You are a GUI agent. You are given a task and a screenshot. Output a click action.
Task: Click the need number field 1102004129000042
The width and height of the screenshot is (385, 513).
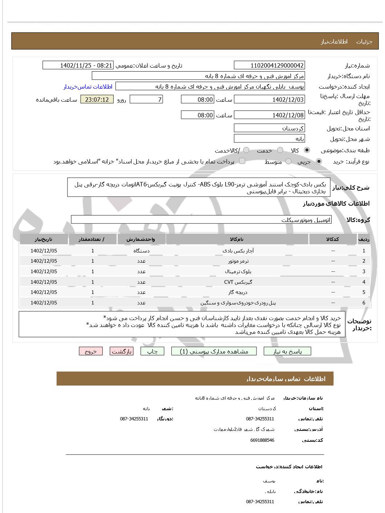coord(269,65)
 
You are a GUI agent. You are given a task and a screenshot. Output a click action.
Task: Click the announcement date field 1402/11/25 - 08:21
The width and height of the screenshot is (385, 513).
coord(78,65)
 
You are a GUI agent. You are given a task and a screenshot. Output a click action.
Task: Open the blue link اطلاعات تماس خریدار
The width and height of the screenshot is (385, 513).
coord(88,86)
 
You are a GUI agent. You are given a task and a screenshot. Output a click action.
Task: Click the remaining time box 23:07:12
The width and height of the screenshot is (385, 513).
coord(97,100)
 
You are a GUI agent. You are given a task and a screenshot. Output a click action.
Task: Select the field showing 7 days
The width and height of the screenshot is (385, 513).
coord(146,100)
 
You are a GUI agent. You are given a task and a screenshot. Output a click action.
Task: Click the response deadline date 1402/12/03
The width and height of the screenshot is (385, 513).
coord(269,100)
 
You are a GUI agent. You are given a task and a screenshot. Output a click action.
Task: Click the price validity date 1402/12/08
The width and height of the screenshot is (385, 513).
coord(269,115)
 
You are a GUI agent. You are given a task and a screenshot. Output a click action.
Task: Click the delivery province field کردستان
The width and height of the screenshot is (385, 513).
coord(269,128)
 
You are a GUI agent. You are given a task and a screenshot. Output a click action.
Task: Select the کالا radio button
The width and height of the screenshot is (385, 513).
coord(307,150)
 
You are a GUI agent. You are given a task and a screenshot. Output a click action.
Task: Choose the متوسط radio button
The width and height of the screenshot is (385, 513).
coord(288,161)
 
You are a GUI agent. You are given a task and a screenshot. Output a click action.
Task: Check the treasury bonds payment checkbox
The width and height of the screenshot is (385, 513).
coord(242,161)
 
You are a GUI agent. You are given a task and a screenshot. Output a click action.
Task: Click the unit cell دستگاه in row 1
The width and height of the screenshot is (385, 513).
coord(141,251)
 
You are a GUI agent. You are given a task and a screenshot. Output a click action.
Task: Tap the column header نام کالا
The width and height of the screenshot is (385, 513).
coord(237,239)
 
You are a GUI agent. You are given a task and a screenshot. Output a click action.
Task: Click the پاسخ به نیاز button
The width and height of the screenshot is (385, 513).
coord(287,351)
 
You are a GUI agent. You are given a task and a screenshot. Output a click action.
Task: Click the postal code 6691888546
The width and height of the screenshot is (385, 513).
coord(262,440)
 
